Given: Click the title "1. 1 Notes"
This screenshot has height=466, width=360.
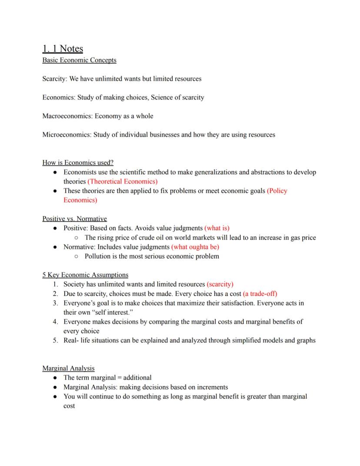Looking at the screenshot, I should pyautogui.click(x=63, y=48).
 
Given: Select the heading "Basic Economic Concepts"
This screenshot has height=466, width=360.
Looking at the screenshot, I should pyautogui.click(x=79, y=60).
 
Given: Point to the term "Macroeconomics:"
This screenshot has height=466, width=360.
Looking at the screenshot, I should pyautogui.click(x=67, y=116).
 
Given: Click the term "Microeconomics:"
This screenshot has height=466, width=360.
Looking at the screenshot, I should pyautogui.click(x=67, y=135).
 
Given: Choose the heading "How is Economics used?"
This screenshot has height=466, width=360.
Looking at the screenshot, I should pyautogui.click(x=78, y=163).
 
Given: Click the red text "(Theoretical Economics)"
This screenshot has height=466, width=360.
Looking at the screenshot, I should pyautogui.click(x=123, y=181).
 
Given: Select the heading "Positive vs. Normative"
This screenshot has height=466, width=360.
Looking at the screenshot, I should pyautogui.click(x=74, y=218).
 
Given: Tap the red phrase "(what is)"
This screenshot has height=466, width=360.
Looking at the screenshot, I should pyautogui.click(x=217, y=228).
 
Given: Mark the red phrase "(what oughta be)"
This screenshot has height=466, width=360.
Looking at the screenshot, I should pyautogui.click(x=195, y=247).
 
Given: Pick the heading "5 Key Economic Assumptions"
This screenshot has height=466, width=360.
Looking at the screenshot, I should pyautogui.click(x=85, y=275).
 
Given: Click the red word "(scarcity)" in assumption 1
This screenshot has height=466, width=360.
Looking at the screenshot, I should pyautogui.click(x=220, y=284).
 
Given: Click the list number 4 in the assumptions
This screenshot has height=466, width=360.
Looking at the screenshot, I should pyautogui.click(x=55, y=322).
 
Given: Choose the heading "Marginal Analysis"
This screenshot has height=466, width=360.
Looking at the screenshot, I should pyautogui.click(x=68, y=368).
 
